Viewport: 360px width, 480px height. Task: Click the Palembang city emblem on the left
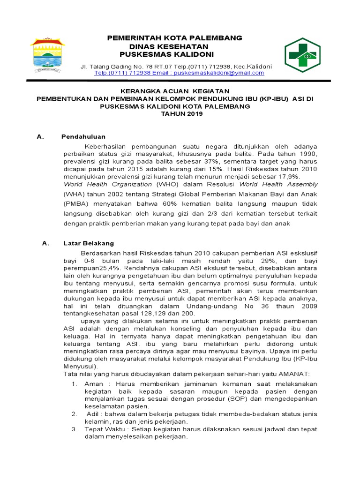tap(48, 55)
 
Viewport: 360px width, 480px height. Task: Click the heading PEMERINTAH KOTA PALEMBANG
tap(175, 37)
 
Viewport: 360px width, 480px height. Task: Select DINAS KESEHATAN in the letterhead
tap(169, 47)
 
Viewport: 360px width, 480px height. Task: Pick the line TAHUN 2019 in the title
tap(175, 114)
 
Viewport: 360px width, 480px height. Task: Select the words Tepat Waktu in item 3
tap(103, 429)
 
